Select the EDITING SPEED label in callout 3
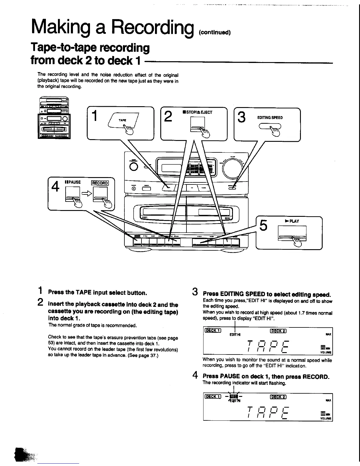pyautogui.click(x=270, y=117)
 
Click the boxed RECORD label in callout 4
pyautogui.click(x=100, y=183)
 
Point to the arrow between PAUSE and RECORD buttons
pyautogui.click(x=86, y=194)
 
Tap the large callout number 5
pyautogui.click(x=264, y=226)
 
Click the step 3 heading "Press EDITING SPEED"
pyautogui.click(x=267, y=294)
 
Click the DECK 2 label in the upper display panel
pyautogui.click(x=278, y=331)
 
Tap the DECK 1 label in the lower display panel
pyautogui.click(x=213, y=396)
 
